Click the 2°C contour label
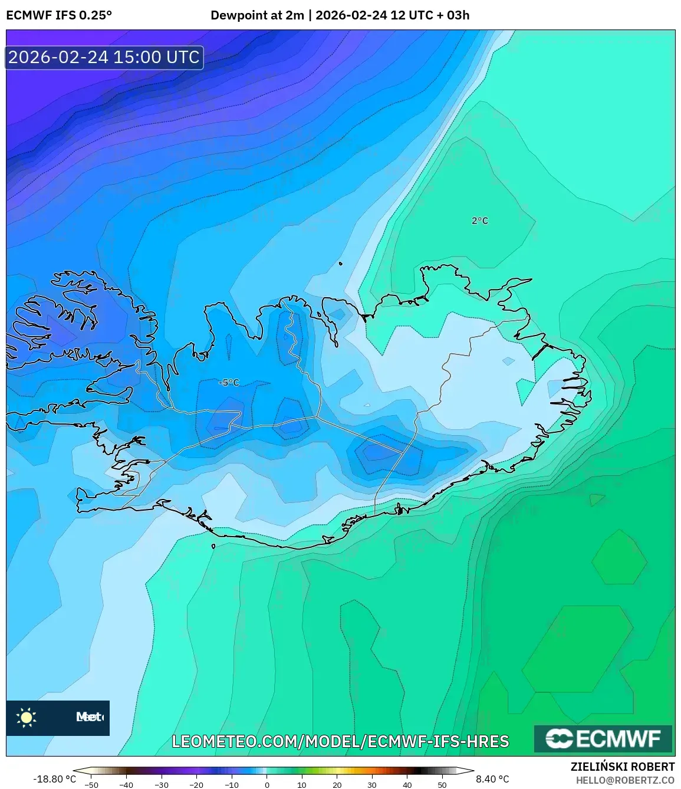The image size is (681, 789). tap(480, 221)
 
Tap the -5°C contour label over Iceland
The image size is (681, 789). tap(229, 383)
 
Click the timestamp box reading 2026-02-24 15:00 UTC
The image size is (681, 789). tap(104, 57)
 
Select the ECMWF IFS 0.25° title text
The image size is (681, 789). tap(58, 15)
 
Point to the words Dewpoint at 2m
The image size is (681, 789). tap(257, 15)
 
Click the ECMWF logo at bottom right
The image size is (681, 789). tap(603, 739)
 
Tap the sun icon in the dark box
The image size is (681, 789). tap(26, 718)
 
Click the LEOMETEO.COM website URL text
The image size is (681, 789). tap(340, 741)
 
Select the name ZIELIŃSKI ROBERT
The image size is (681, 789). tap(622, 767)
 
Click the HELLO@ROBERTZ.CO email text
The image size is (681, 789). tap(625, 780)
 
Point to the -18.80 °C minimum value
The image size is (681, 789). tap(54, 780)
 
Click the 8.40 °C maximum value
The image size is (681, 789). tap(492, 780)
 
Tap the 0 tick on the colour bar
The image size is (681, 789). tap(267, 785)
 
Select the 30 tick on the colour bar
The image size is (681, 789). tap(372, 785)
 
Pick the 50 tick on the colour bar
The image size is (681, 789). tap(442, 785)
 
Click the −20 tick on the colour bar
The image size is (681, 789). tap(196, 785)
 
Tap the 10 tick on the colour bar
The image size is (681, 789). tap(302, 785)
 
